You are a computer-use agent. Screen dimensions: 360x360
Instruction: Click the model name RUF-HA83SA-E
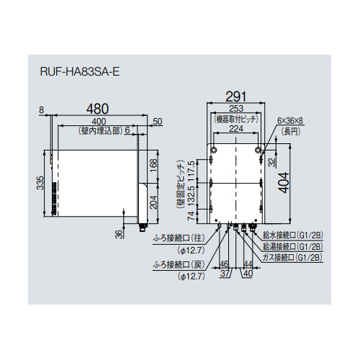point(80,72)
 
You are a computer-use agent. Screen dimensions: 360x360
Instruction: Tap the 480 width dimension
point(97,109)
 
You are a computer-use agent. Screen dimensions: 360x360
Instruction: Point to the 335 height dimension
point(40,183)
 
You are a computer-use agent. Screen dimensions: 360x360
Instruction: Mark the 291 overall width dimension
point(236,96)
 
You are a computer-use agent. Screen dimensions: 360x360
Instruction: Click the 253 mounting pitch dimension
point(236,109)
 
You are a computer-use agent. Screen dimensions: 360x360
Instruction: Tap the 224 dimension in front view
point(236,129)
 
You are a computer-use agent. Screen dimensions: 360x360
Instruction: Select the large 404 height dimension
point(284,182)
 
